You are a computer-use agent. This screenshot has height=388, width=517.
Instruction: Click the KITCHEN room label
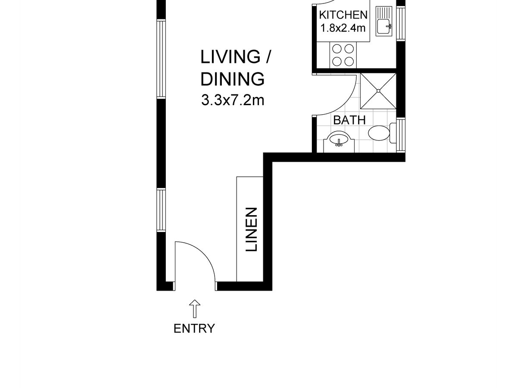coord(343,15)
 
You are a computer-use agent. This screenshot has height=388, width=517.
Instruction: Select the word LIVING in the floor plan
coord(230,57)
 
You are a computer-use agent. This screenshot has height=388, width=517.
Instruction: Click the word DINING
coord(233,79)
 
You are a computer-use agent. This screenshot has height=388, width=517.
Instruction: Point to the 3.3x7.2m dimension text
coord(233,100)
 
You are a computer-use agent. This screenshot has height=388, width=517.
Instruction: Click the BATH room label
coord(349,120)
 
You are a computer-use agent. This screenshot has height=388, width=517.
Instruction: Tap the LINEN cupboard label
coord(251,229)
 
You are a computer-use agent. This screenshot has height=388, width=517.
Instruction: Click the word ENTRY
coord(194,329)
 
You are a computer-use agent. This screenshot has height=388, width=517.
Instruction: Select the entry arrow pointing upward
coord(195,309)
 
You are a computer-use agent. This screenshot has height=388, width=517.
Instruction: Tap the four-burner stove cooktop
coord(343,55)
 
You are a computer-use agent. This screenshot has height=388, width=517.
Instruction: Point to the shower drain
coord(378,91)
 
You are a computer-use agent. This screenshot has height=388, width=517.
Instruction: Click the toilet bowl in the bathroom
coord(379,133)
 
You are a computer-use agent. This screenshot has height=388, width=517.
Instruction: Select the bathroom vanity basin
coord(339,139)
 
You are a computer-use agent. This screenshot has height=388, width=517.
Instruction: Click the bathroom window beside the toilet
coord(401,135)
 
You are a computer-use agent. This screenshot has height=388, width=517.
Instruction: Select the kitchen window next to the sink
coord(401,23)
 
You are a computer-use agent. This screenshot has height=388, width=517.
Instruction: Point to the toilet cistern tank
coord(392,133)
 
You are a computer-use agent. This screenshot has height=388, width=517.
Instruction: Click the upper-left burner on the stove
coord(337,49)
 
